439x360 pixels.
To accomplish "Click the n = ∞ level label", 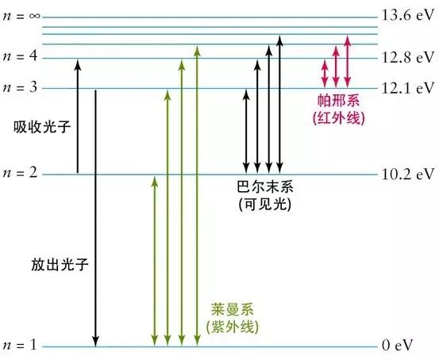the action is [21, 16].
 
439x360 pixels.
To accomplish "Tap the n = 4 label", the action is [20, 56].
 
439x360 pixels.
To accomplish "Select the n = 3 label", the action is [20, 87].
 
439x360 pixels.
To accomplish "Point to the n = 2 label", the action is [20, 173].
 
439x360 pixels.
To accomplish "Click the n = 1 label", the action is [20, 345].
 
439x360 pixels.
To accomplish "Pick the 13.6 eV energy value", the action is [408, 15].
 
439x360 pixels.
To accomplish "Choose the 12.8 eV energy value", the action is [408, 57].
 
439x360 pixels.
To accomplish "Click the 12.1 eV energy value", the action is [408, 88].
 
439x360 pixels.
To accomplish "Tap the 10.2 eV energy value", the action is [408, 174].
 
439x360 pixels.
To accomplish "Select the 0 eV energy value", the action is [397, 346].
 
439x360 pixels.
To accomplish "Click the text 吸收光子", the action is [42, 128].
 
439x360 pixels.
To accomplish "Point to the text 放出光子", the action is [60, 264].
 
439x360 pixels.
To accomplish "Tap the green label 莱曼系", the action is [233, 309].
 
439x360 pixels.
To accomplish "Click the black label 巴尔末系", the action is [265, 186].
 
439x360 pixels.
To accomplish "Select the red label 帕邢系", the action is [338, 101].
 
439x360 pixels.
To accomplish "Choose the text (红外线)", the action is [338, 118].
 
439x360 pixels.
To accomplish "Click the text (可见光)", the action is [265, 205].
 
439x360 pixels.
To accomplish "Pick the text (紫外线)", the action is [233, 327].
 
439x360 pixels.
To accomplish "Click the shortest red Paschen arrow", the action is [325, 74].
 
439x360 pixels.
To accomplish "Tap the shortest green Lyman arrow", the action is [155, 261].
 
